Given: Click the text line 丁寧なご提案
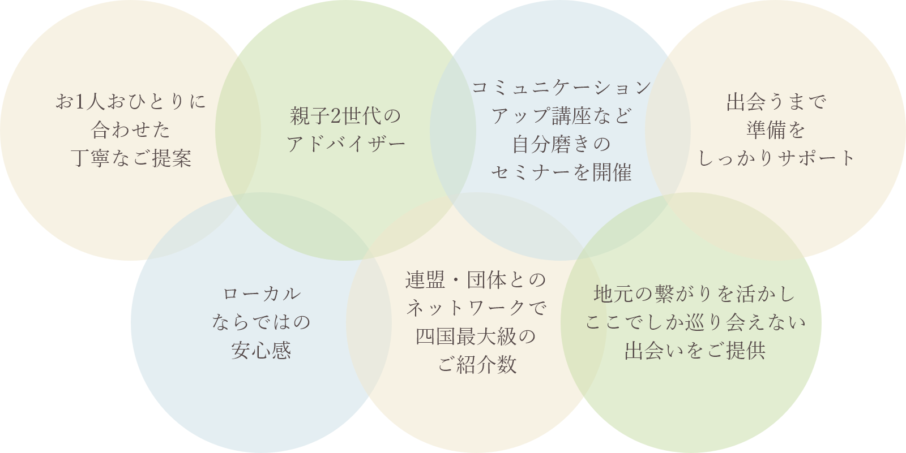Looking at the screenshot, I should (131, 158).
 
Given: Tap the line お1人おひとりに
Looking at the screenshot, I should (131, 102).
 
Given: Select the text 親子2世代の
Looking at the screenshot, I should (345, 116).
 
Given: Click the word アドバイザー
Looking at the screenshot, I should (346, 144).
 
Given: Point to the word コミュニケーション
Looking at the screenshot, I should (561, 88).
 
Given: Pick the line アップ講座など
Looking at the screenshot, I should (561, 116).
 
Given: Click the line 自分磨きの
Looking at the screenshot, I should (561, 144).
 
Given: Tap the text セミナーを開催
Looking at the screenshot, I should (561, 172).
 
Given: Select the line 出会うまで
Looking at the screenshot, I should (776, 102).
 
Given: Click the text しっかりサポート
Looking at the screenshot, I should (776, 158).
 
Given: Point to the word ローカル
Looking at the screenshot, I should (261, 294).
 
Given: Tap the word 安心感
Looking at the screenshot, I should (261, 351).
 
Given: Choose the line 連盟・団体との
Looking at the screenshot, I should (476, 280).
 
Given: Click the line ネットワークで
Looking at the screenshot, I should (476, 308).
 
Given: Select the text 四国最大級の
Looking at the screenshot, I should (476, 336).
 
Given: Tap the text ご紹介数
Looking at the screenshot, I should (477, 365).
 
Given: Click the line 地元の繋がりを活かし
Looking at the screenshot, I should (695, 294).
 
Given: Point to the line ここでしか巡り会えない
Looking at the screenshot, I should (695, 322).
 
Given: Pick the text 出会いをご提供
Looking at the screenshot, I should (695, 351).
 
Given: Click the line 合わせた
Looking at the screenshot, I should (131, 130).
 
